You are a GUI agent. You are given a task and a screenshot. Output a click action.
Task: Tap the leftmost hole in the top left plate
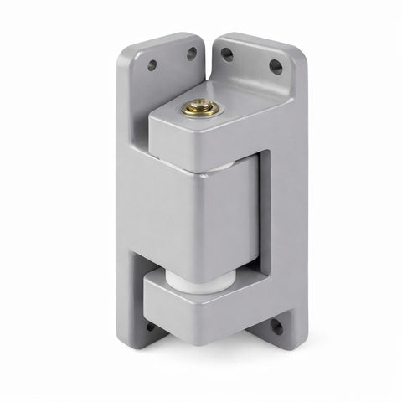pos(152,64)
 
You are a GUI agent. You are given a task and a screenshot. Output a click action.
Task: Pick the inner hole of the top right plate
pos(227,54)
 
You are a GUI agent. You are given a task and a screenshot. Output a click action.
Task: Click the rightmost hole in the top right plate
pos(275,67)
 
